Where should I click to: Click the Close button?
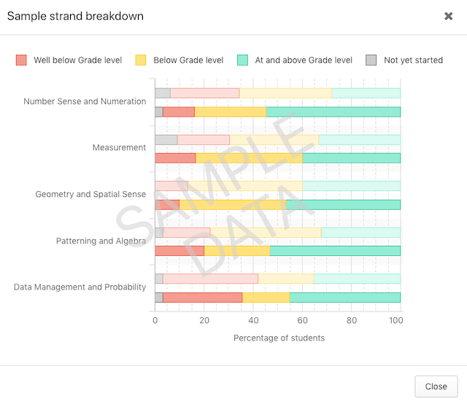[436, 386]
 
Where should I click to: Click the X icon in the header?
[448, 16]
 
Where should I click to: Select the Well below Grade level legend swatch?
[21, 60]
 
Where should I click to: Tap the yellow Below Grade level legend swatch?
[141, 60]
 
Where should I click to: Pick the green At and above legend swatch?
[243, 60]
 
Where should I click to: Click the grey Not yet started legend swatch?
[371, 60]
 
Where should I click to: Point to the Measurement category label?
[119, 147]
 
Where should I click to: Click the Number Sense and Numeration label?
[85, 101]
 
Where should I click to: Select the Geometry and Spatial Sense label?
[90, 194]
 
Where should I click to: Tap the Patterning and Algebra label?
[101, 241]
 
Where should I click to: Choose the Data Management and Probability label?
[80, 287]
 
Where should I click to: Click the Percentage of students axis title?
[279, 338]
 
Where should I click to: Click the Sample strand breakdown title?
[75, 16]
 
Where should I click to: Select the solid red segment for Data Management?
[202, 298]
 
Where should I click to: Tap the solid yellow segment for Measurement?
[249, 158]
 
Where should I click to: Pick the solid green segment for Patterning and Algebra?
[335, 251]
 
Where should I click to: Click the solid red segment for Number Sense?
[179, 112]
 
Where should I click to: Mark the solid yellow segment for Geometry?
[233, 205]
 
